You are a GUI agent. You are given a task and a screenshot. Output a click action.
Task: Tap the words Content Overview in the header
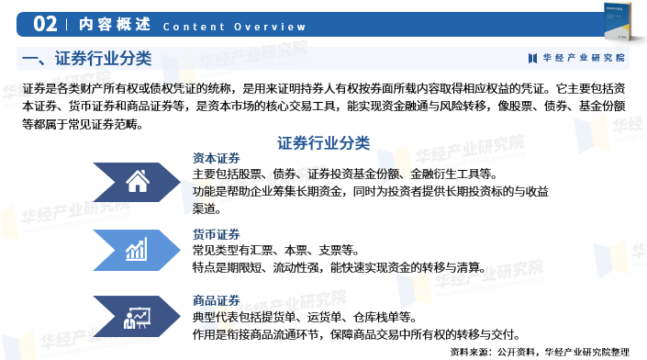[x=234, y=26]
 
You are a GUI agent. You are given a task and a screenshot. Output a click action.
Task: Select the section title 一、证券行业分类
[x=86, y=59]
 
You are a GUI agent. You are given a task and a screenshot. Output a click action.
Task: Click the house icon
[x=138, y=181]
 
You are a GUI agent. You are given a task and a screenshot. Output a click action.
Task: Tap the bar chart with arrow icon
[x=138, y=249]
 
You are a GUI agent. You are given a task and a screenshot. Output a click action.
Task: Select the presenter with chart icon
[x=138, y=317]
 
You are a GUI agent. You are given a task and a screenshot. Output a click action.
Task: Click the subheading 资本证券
[x=217, y=157]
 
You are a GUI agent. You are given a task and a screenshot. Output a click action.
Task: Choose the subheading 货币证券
[x=217, y=234]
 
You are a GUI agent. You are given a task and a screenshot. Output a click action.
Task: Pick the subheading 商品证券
[x=217, y=300]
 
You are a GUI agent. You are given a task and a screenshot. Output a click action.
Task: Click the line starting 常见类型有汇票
[x=275, y=251]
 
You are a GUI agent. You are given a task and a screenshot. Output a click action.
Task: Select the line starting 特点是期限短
[x=339, y=267]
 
